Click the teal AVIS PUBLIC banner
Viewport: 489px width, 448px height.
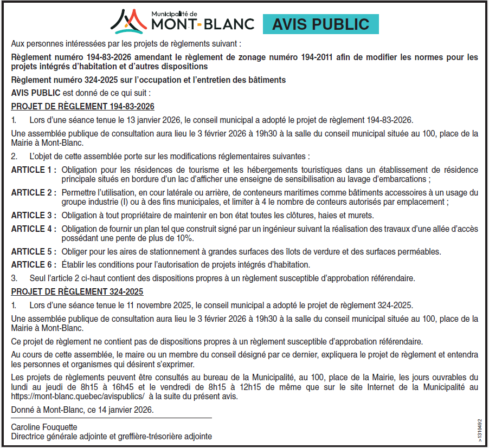tap(320, 24)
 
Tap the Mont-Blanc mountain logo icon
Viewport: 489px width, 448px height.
tap(128, 22)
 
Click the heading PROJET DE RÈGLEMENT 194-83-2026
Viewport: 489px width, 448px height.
tap(82, 106)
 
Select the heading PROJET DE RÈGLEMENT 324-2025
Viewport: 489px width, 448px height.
tap(77, 291)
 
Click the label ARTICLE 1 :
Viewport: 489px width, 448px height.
tap(34, 170)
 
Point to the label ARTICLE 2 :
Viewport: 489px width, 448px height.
tap(34, 193)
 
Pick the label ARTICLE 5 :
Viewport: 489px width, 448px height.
tap(34, 251)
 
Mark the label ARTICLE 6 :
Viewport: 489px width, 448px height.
tap(34, 265)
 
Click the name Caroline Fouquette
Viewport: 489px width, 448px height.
tap(44, 427)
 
